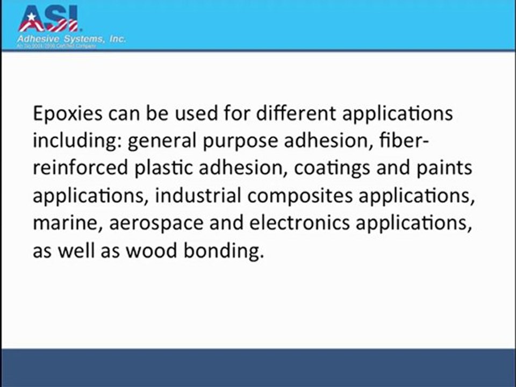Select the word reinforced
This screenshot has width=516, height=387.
click(79, 168)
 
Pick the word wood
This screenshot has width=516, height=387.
click(149, 250)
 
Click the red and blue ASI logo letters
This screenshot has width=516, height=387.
click(48, 19)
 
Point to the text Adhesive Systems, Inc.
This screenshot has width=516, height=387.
click(71, 39)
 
